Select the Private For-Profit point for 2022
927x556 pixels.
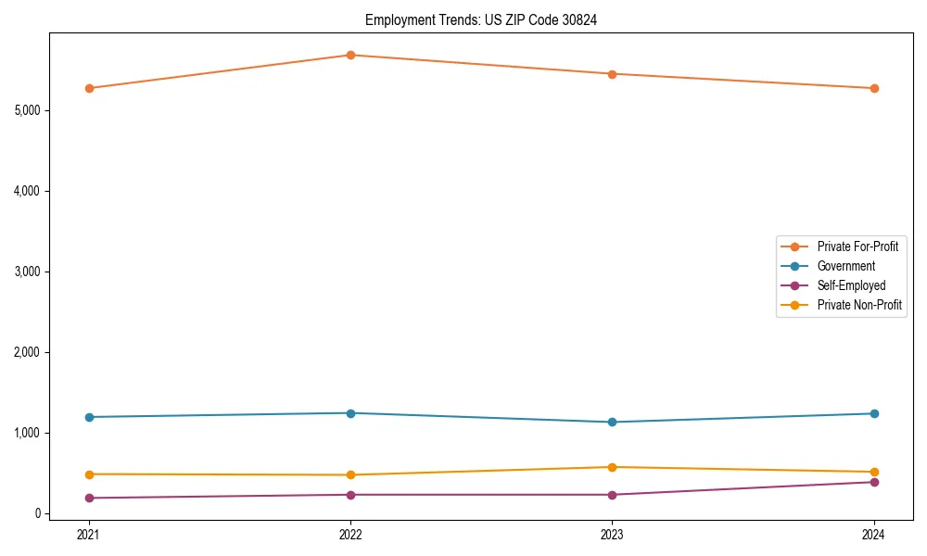click(x=350, y=55)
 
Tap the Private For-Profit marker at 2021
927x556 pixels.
click(x=89, y=88)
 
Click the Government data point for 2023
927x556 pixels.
click(x=612, y=422)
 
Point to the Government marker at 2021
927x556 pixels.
click(x=89, y=417)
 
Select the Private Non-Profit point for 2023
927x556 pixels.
click(x=612, y=467)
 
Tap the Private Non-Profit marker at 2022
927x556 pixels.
click(x=350, y=474)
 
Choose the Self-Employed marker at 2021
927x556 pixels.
click(x=89, y=498)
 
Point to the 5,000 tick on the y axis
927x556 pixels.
click(x=32, y=110)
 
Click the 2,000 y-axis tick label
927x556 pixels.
click(x=32, y=352)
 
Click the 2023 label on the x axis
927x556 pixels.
click(x=612, y=534)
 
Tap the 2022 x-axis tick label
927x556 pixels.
click(x=350, y=534)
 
